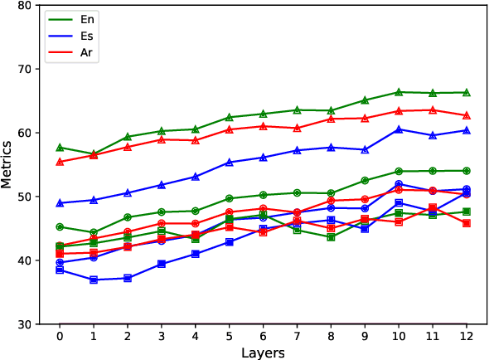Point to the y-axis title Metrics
pos(9,164)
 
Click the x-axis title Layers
pos(263,353)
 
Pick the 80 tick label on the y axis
pos(24,5)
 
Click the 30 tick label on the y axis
pos(24,324)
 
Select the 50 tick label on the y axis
pos(24,197)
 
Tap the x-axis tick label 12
pos(467,336)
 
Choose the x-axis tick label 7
pos(297,336)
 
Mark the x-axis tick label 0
pos(60,336)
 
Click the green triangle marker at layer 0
pos(60,147)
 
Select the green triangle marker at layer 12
pos(467,92)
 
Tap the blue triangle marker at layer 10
pos(399,129)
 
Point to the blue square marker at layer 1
pos(94,280)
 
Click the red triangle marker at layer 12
pos(467,115)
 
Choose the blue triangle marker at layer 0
pos(60,202)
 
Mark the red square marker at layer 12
pos(467,223)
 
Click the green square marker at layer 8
pos(331,236)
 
